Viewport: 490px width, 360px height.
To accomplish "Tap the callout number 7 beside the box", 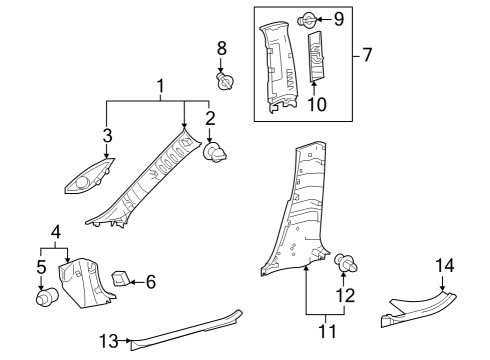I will point(367,54).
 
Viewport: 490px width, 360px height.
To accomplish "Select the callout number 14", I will point(445,265).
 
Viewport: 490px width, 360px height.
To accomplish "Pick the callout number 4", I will point(56,231).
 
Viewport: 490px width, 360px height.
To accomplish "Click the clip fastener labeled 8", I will point(223,79).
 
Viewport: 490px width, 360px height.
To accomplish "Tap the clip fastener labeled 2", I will point(214,153).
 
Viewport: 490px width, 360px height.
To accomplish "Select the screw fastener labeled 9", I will point(307,18).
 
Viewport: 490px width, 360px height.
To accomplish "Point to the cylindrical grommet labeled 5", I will point(44,297).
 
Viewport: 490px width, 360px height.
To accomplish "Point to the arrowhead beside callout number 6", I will point(132,282).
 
